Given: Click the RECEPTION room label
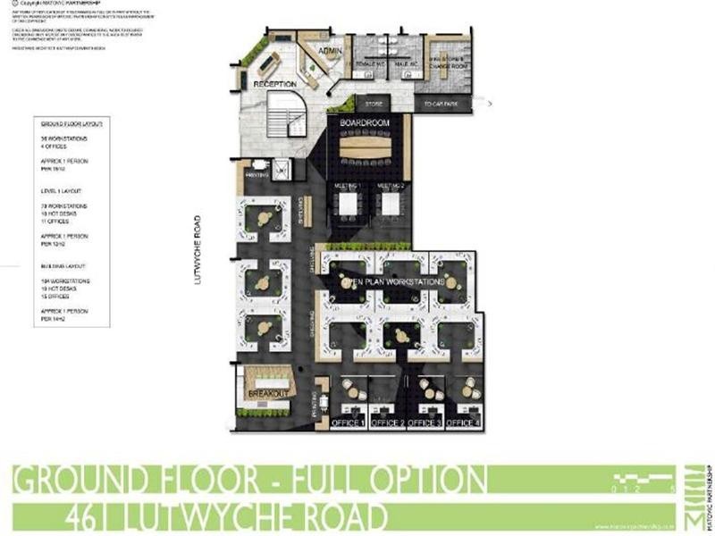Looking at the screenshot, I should click(x=274, y=83).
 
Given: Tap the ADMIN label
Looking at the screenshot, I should click(x=331, y=51).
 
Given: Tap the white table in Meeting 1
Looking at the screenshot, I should click(x=347, y=204).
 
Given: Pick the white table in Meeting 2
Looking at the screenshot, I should click(x=391, y=204).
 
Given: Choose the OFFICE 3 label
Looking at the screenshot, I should click(x=425, y=422).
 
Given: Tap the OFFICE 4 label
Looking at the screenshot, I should click(x=463, y=422).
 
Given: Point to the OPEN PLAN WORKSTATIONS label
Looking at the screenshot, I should click(x=394, y=282).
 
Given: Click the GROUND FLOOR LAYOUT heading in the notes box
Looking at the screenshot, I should click(x=71, y=123).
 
